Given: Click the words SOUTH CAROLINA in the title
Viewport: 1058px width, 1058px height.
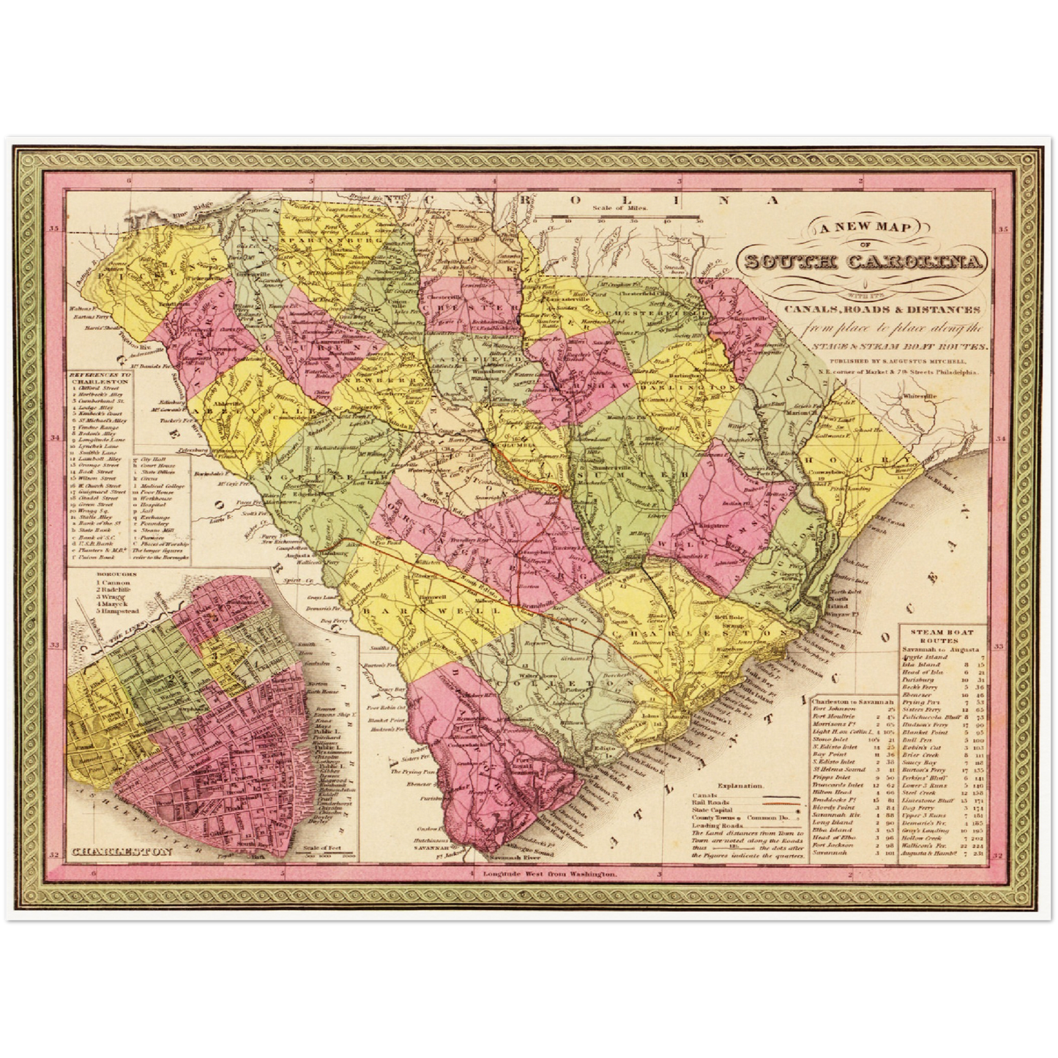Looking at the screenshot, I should coord(864,261).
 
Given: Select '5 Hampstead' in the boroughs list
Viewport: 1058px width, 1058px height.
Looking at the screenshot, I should coord(117,610).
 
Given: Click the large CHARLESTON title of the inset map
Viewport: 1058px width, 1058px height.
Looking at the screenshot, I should coord(123,852).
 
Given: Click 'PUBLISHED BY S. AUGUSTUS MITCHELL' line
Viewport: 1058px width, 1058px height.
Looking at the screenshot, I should coord(897,361).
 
